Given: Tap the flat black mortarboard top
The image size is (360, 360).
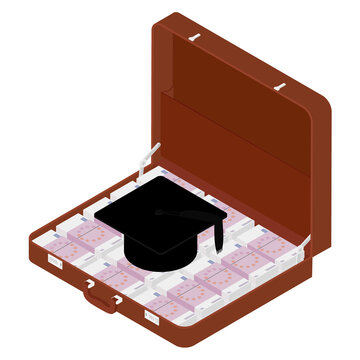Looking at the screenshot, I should click(165, 214).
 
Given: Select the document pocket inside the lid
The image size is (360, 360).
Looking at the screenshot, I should click(240, 150).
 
